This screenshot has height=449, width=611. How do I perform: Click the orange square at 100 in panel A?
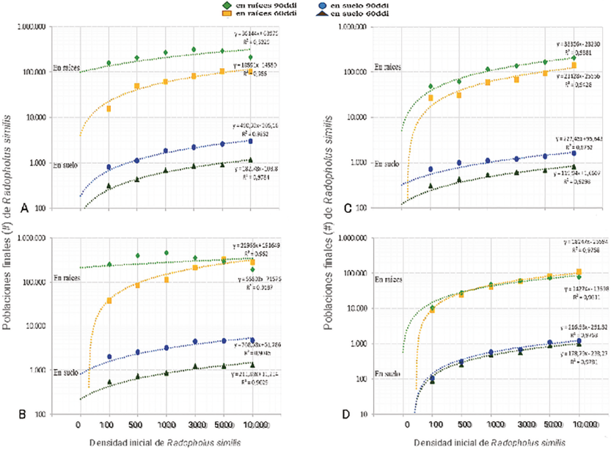pos(109,109)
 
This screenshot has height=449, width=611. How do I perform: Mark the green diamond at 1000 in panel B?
pos(166,253)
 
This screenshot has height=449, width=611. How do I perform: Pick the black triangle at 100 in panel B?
pos(109,382)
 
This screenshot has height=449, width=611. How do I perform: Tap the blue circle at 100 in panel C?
pos(431,169)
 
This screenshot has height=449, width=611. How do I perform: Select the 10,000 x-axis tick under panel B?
pos(252,425)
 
